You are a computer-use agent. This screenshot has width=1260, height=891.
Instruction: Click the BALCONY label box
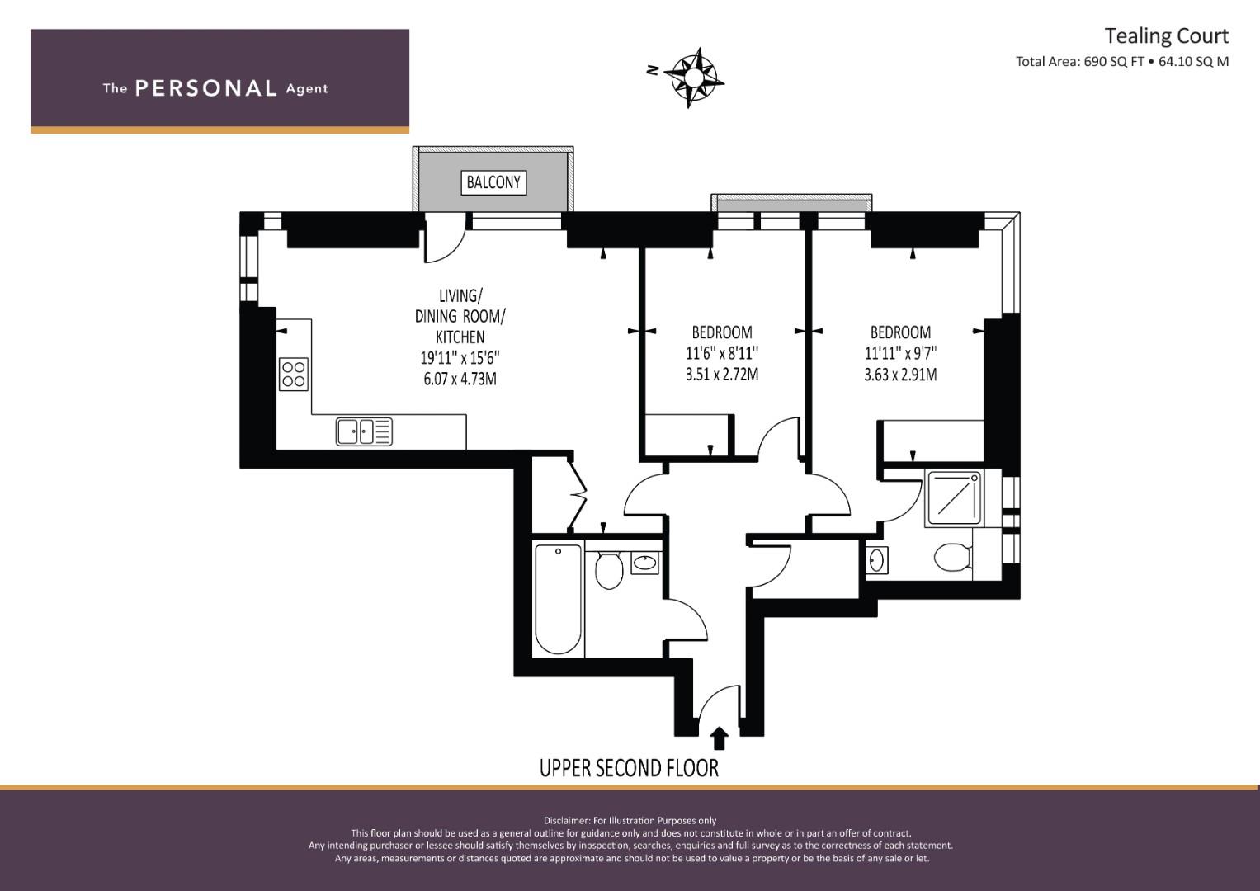tap(493, 182)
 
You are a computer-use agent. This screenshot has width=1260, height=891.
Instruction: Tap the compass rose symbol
tap(694, 77)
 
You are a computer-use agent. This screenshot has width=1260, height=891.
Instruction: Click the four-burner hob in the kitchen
tap(294, 374)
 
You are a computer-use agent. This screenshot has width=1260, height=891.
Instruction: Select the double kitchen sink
tap(364, 432)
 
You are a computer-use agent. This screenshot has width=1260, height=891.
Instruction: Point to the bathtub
tap(558, 598)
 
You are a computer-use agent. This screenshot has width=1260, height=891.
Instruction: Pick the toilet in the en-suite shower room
tap(952, 557)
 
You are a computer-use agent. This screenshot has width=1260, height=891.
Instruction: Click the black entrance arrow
tap(720, 738)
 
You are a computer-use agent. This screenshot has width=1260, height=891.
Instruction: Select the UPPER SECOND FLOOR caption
tap(629, 768)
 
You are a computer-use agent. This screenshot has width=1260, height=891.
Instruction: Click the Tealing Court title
tap(1167, 36)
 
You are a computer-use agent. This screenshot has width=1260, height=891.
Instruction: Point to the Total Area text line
tap(1122, 62)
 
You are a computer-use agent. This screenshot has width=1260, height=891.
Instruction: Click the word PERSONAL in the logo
tap(206, 88)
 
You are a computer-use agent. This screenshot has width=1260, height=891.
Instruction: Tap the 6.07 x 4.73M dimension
tap(460, 379)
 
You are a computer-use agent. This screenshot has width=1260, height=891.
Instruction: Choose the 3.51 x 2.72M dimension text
tap(722, 374)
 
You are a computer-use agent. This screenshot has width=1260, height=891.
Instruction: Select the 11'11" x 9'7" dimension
tap(900, 353)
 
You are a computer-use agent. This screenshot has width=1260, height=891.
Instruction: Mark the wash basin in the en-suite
tap(876, 559)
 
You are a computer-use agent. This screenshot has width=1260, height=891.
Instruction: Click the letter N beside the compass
tap(653, 70)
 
